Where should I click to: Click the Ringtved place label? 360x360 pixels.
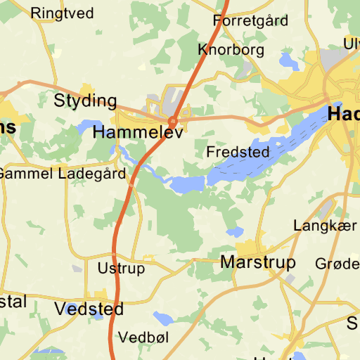coord(63,13)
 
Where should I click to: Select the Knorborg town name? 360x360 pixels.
coord(231,49)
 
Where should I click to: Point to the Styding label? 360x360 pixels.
coord(85,101)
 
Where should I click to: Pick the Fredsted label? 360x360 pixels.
coord(238,152)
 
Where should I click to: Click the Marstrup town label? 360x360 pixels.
coord(258,262)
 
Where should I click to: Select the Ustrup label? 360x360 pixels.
coord(121,269)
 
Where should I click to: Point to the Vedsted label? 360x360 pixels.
coord(89,309)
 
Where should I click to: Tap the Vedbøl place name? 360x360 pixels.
coord(143,337)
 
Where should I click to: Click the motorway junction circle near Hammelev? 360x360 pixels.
coord(172,120)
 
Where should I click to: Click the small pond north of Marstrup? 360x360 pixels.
coord(235,231)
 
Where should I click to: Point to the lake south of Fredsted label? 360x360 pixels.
coord(187,184)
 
